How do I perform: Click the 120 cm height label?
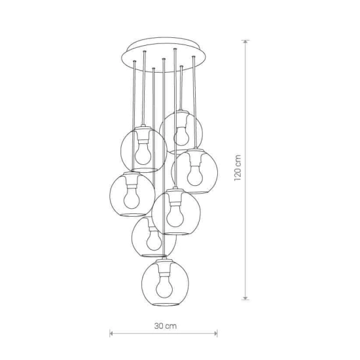point(238,168)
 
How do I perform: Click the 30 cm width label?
point(166,326)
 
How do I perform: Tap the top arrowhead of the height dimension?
point(245,42)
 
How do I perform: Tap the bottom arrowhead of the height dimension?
point(245,298)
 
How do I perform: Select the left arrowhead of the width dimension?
point(111,333)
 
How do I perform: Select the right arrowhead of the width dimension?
point(215,333)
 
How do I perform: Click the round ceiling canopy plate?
point(164,55)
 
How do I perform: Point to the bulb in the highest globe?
point(181,136)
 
